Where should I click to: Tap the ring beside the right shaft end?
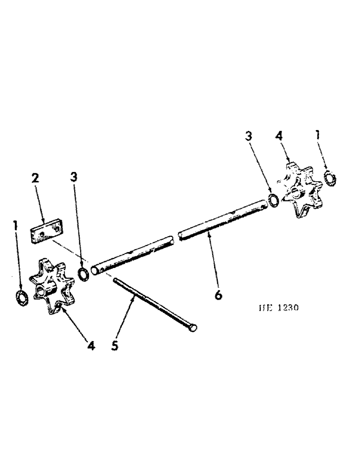pos(274,199)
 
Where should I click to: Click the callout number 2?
pos(36,178)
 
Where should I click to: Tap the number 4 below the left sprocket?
pos(91,346)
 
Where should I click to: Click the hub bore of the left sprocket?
pos(40,293)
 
